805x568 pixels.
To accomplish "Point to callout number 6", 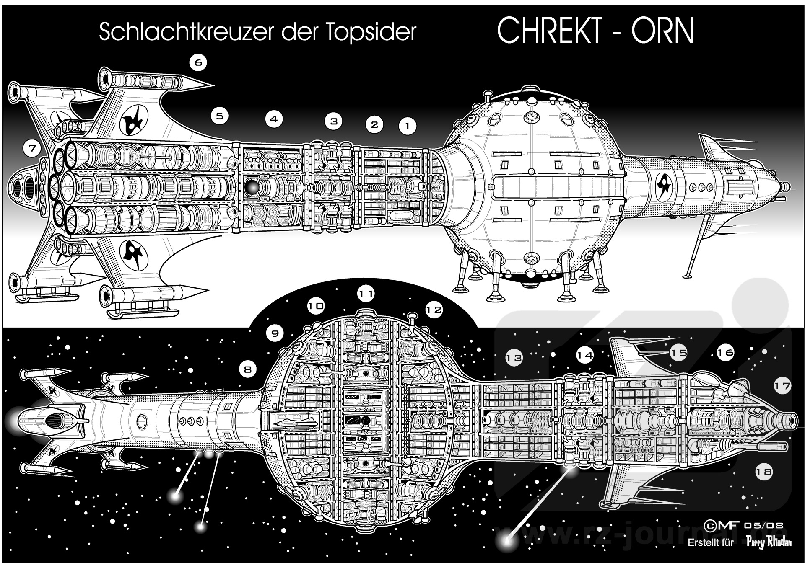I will [198, 63].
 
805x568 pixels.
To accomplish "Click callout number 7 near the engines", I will [32, 148].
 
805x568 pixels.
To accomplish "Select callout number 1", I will [407, 125].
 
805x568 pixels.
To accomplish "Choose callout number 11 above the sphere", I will [366, 294].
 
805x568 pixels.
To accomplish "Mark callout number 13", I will [514, 357].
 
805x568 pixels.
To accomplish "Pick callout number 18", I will [763, 472].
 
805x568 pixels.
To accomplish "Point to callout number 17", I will [782, 386].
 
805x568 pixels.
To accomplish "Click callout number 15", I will [678, 352].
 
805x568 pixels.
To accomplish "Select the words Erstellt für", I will [711, 543].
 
